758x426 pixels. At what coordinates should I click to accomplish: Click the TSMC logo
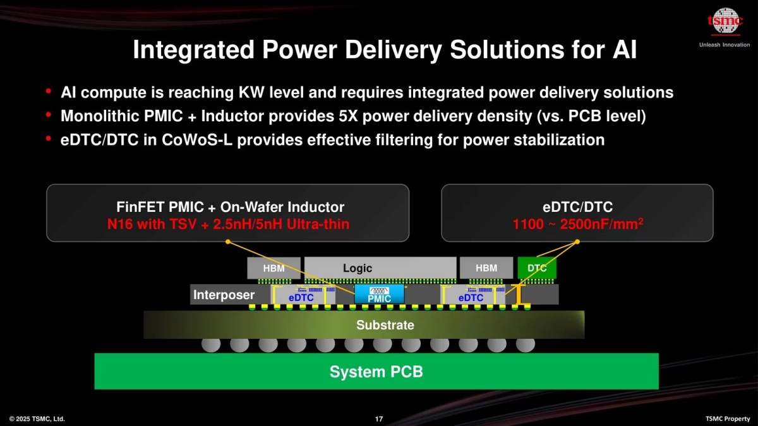(x=725, y=21)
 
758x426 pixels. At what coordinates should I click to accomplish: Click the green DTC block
(x=537, y=268)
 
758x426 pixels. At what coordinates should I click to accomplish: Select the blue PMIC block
(x=379, y=294)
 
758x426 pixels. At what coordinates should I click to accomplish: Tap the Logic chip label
(x=358, y=268)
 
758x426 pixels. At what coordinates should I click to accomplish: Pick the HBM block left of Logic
(x=274, y=268)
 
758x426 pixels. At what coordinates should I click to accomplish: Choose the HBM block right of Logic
(x=486, y=268)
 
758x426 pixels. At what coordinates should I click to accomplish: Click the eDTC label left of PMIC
(x=301, y=298)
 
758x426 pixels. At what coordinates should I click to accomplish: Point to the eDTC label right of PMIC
(x=471, y=298)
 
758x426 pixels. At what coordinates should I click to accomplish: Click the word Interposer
(x=224, y=295)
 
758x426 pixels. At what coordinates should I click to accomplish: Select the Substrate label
(x=385, y=325)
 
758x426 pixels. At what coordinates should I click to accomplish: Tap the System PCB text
(x=376, y=372)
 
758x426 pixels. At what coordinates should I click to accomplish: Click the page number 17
(x=379, y=419)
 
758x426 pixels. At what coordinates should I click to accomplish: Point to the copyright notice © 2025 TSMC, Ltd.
(x=37, y=419)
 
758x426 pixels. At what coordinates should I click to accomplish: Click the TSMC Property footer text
(x=728, y=419)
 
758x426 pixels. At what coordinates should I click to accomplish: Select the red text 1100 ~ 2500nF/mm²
(x=577, y=224)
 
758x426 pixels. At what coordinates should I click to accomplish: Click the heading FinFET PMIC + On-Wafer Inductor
(x=230, y=207)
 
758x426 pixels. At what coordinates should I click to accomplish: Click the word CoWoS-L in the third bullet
(x=197, y=140)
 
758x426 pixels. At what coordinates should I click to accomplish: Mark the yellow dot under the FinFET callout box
(x=228, y=242)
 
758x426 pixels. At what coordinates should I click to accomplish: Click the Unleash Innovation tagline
(x=725, y=45)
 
